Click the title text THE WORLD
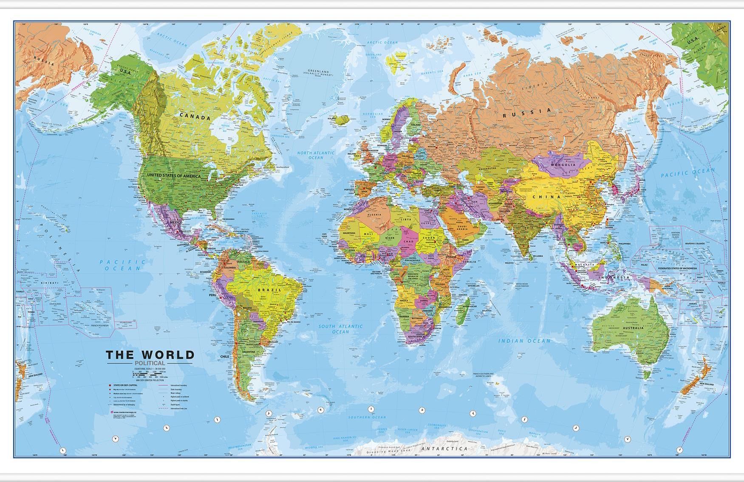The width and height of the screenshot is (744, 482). (150, 355)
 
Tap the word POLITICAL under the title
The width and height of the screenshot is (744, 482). (149, 363)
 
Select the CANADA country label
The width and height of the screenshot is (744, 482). (195, 116)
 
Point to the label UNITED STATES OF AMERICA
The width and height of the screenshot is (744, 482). (174, 175)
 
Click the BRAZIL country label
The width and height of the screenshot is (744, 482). (269, 290)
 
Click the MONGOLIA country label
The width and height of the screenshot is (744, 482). (563, 164)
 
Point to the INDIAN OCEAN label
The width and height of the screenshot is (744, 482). (524, 341)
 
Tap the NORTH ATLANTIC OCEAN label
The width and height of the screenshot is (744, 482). (316, 155)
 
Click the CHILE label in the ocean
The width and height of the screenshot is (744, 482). (224, 357)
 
